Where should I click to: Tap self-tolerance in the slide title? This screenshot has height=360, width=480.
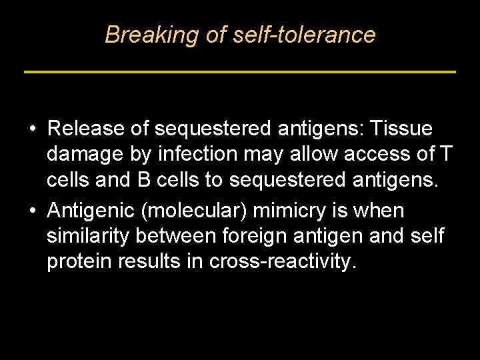pos(304,35)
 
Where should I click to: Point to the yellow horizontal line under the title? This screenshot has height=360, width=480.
pos(240,71)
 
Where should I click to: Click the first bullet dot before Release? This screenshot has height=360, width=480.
pos(32,128)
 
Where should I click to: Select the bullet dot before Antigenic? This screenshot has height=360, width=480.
pos(32,211)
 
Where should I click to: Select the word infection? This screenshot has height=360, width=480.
pos(197,155)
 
